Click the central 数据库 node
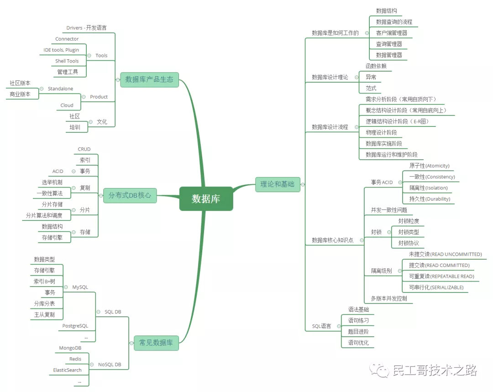[x=206, y=199]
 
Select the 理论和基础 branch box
[x=278, y=184]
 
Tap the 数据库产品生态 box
[x=149, y=79]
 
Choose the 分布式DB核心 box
[x=130, y=195]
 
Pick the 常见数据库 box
[x=156, y=343]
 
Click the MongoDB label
[x=70, y=348]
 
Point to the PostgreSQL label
[x=75, y=326]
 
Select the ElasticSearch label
[x=67, y=370]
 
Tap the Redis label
[x=75, y=359]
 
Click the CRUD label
[x=84, y=149]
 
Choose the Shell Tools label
[x=67, y=61]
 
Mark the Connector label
[x=67, y=39]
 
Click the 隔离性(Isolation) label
[x=429, y=188]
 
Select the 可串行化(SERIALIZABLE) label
[x=436, y=287]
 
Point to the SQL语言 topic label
[x=321, y=326]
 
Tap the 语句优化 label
[x=358, y=343]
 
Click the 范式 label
[x=371, y=89]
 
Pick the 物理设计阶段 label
[x=381, y=133]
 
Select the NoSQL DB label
[x=110, y=365]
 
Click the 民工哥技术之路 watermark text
[x=435, y=371]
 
